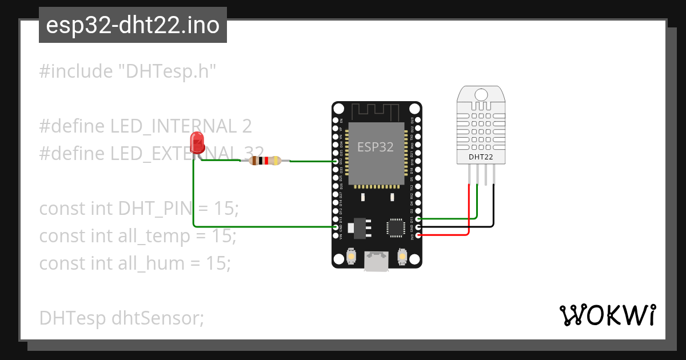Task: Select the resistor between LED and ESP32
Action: pos(266,161)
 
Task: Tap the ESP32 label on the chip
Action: pos(376,147)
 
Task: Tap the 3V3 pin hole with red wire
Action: pos(418,235)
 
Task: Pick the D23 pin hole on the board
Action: pos(418,121)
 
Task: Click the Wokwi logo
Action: pos(607,315)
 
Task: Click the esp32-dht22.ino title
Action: pos(133,26)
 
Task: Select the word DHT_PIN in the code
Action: pos(154,209)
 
